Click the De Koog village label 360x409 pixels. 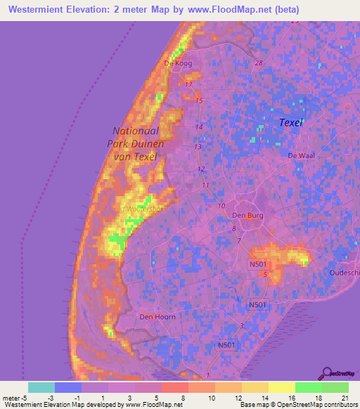pyautogui.click(x=178, y=63)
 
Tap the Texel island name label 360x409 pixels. pyautogui.click(x=290, y=122)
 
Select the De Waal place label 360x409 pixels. pyautogui.click(x=298, y=155)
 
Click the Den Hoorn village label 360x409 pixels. pyautogui.click(x=156, y=317)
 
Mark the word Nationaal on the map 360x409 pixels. pyautogui.click(x=139, y=131)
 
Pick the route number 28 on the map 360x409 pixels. pyautogui.click(x=259, y=63)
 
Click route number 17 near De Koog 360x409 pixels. pyautogui.click(x=188, y=85)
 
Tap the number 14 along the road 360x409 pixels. pyautogui.click(x=200, y=127)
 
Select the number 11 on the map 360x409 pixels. pyautogui.click(x=205, y=185)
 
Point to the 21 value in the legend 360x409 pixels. pyautogui.click(x=345, y=398)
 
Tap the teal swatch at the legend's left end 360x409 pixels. pyautogui.click(x=41, y=387)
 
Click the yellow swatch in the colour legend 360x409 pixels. pyautogui.click(x=281, y=387)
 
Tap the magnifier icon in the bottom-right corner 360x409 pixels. pyautogui.click(x=327, y=373)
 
